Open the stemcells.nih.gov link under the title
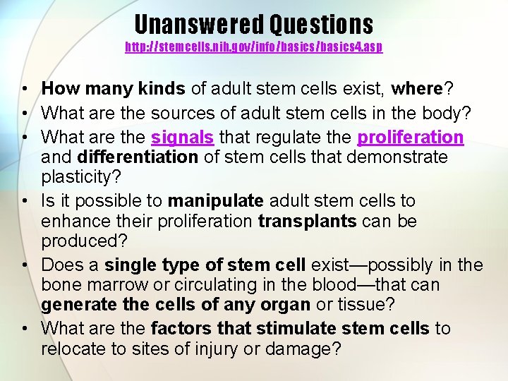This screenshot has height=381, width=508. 254,47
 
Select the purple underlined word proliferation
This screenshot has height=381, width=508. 411,137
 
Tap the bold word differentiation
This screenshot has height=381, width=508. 138,157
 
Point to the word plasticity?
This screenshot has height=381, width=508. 80,176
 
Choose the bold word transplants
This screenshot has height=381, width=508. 308,221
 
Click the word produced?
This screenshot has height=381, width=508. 84,241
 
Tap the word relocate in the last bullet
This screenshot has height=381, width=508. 73,349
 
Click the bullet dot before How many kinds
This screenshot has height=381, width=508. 25,89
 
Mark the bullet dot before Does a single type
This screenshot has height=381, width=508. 25,266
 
